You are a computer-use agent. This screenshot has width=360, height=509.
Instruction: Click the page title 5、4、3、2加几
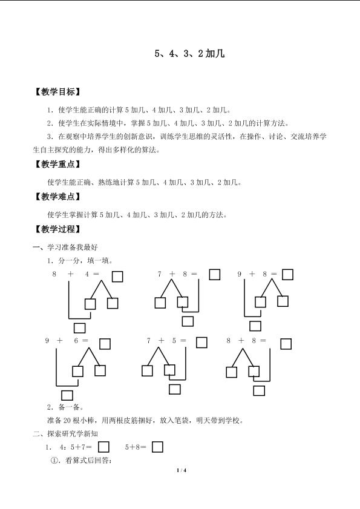189,53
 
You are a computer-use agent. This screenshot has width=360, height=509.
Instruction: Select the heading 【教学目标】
57,92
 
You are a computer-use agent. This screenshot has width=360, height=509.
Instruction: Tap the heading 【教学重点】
57,164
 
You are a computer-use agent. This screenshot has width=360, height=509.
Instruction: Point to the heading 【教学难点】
57,197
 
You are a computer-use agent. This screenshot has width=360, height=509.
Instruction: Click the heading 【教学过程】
57,229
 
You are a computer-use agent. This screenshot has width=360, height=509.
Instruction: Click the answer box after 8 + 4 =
117,277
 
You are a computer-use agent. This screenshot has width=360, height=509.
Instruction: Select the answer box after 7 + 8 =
215,275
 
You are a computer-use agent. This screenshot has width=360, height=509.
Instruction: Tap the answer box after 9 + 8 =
287,275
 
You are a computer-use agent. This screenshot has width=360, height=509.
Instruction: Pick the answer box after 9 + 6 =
105,344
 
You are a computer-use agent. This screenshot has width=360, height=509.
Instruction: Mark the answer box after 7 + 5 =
201,343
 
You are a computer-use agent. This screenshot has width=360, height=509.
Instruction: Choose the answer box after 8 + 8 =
286,344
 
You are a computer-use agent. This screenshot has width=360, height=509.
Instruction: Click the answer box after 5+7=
103,447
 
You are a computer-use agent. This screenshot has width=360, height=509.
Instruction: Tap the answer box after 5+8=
157,447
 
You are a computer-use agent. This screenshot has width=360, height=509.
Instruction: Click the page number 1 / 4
182,470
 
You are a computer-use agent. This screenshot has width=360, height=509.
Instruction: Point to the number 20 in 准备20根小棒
67,421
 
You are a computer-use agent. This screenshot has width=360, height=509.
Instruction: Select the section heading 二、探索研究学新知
65,434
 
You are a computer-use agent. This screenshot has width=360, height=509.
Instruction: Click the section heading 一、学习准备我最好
65,248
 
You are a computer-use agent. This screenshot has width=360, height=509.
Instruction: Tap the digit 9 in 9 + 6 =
47,341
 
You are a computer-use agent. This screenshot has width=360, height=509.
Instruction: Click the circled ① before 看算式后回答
54,461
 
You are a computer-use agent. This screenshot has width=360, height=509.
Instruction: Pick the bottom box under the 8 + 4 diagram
79,328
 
